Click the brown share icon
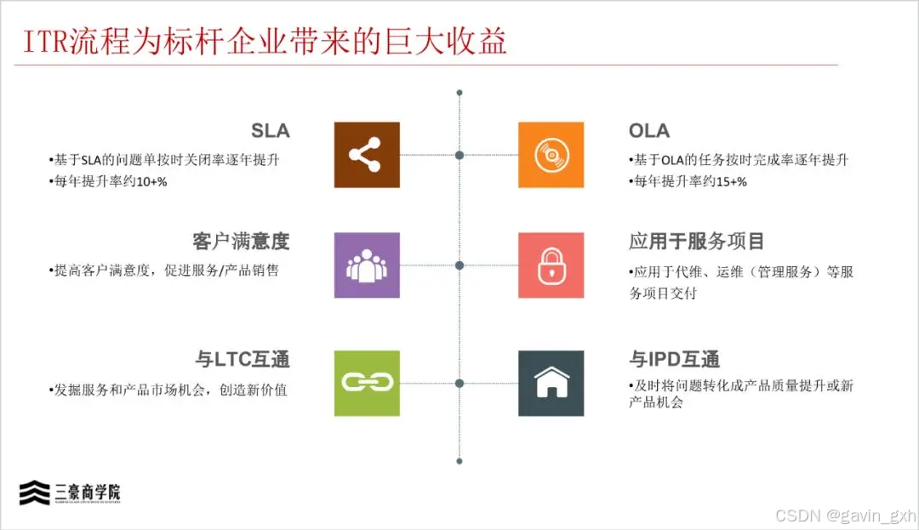(367, 155)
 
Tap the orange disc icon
(551, 155)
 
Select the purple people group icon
(367, 265)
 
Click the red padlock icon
(551, 265)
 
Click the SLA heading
(270, 131)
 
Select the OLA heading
(649, 131)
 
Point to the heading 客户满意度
(242, 242)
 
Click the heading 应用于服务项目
(697, 242)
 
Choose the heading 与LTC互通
(243, 359)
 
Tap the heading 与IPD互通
(675, 359)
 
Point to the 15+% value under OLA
(728, 180)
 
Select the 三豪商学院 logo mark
(35, 493)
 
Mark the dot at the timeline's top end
(459, 92)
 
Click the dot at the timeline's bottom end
(459, 461)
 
